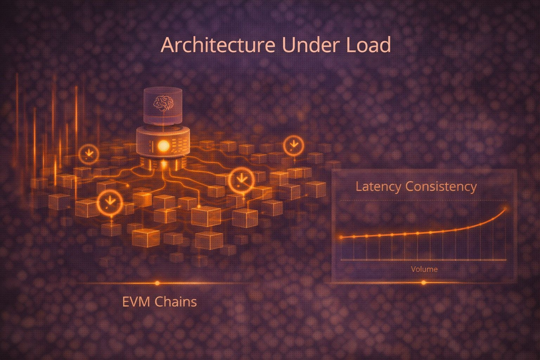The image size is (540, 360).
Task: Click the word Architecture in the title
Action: coord(218,45)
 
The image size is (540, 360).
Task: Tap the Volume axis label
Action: coord(424,269)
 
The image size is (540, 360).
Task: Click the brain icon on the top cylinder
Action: coord(163,104)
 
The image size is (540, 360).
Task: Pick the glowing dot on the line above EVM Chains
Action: coord(157,283)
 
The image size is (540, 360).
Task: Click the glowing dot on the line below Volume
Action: coord(424,282)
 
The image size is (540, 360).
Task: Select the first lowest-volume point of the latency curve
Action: coord(341,237)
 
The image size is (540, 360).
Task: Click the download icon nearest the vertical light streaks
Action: coord(89,153)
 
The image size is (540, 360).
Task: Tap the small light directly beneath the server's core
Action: coord(163,163)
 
